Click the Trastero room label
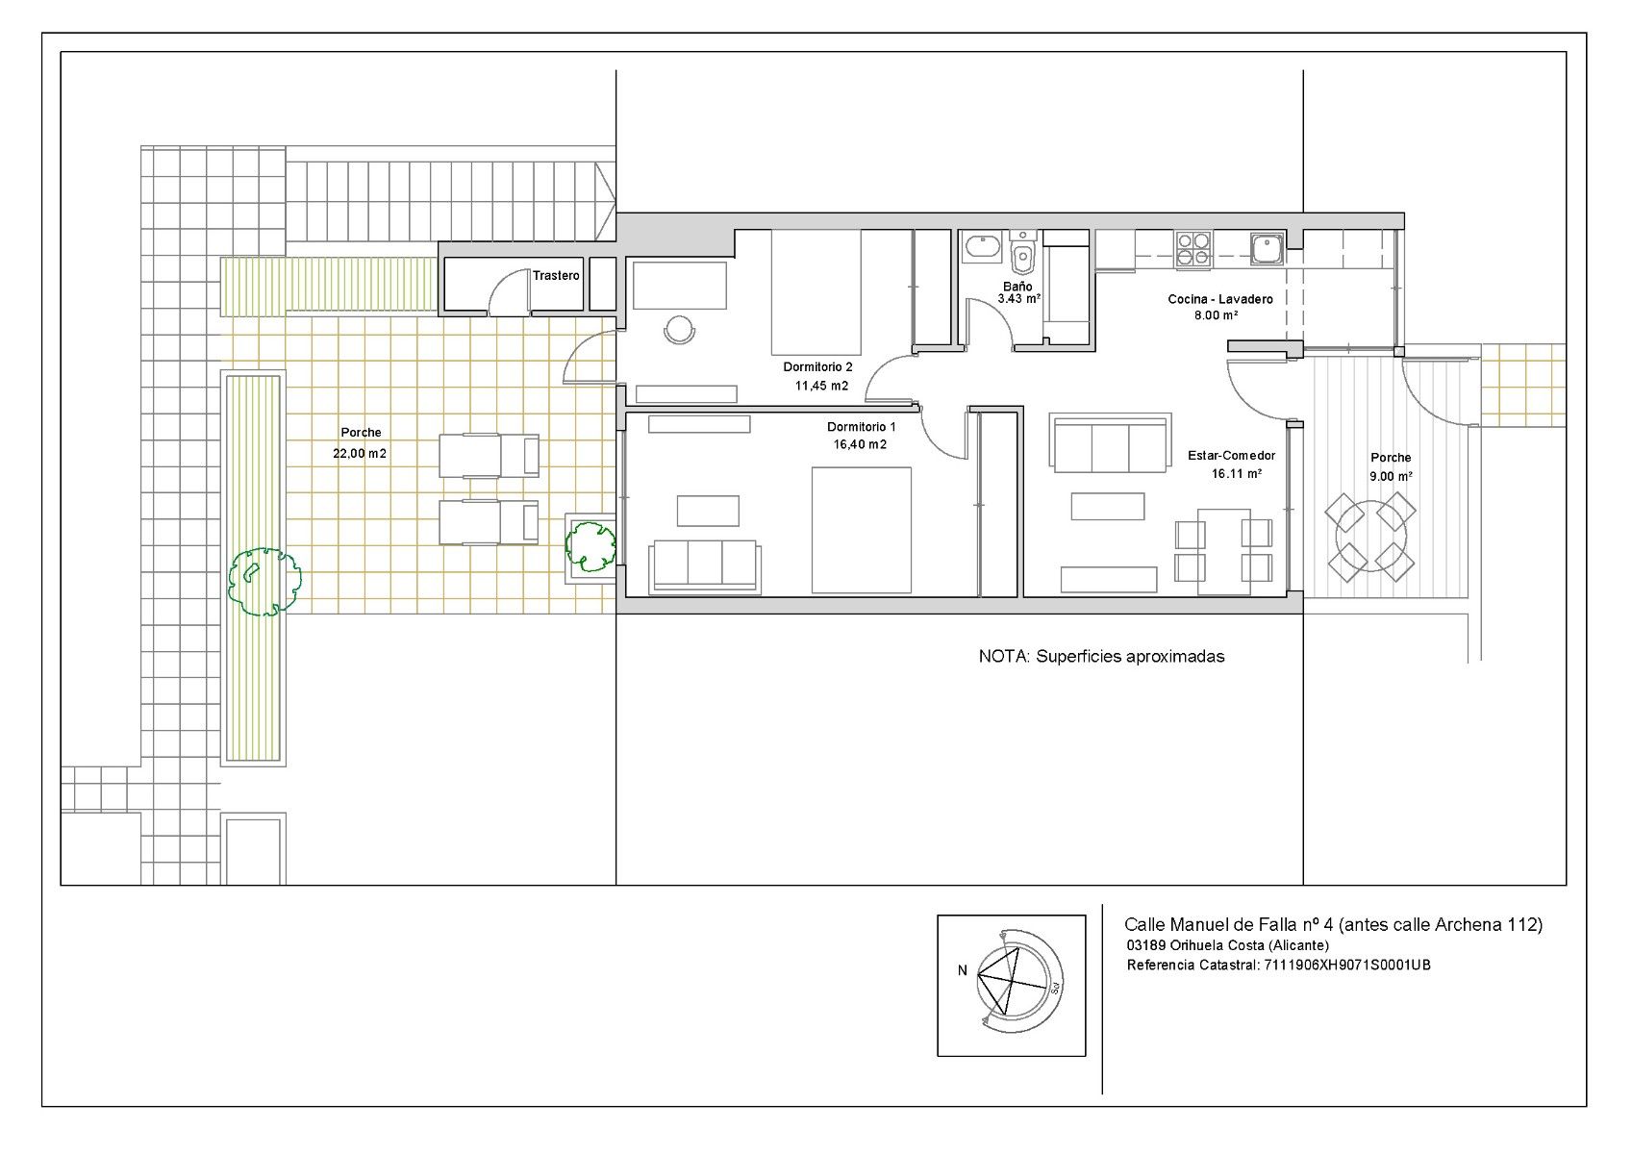556,276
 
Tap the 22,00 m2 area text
360,453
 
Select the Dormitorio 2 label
817,367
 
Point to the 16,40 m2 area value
861,444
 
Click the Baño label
1017,287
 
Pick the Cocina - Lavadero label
1219,299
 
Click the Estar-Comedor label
1231,456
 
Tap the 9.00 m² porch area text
1390,476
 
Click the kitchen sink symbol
1267,248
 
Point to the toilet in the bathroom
1023,253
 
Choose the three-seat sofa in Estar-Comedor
1111,444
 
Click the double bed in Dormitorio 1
861,530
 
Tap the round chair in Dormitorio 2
680,330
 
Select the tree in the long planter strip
263,581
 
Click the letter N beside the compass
962,971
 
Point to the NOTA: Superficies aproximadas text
1101,657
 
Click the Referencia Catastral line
1278,966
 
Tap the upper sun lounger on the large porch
489,455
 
